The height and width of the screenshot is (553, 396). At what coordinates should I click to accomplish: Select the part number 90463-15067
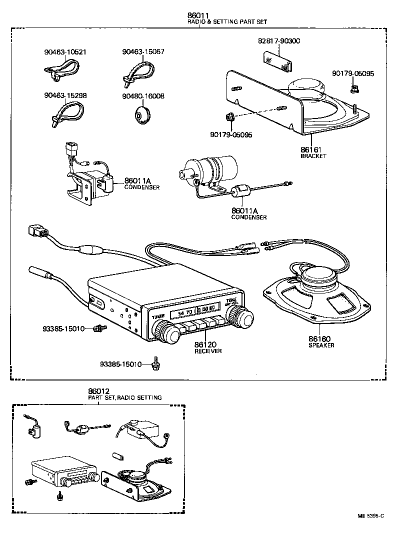coord(143,51)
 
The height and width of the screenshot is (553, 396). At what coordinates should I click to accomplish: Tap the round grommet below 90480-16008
coord(142,114)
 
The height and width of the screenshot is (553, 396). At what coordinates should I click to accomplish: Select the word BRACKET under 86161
coord(313,156)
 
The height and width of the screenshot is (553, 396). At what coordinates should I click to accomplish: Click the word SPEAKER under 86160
coord(321,345)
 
